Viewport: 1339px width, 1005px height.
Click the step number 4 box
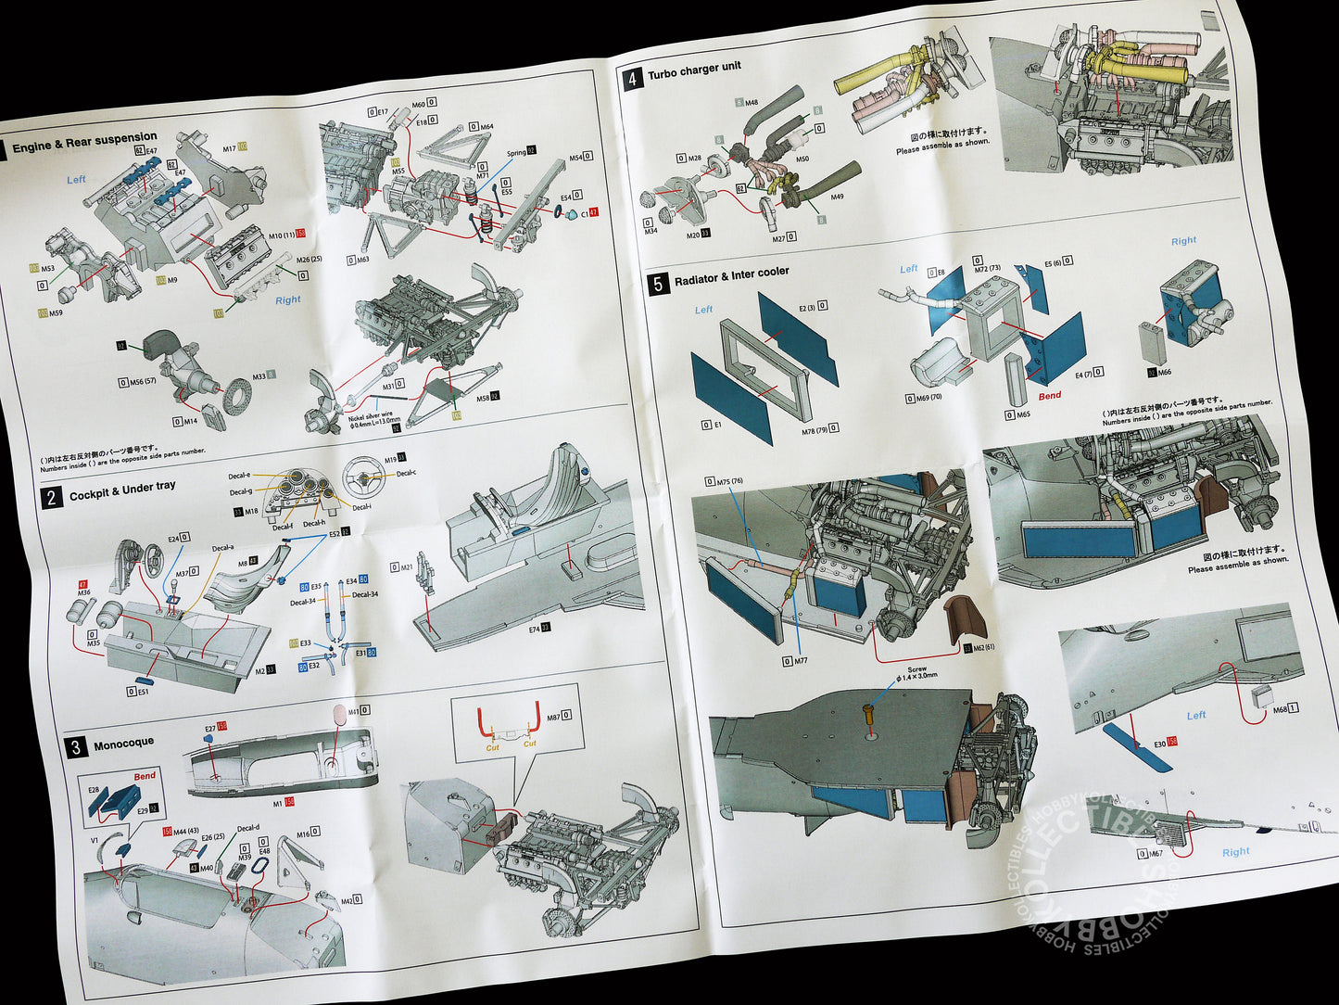click(632, 79)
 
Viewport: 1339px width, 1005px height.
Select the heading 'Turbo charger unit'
click(694, 71)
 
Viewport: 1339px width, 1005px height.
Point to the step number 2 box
click(52, 498)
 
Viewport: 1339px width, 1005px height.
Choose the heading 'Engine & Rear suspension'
click(84, 141)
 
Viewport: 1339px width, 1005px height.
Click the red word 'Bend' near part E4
click(1049, 396)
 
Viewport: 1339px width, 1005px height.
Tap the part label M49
click(837, 197)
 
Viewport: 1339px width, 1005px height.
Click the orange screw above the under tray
click(868, 714)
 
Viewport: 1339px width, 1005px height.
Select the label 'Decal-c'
click(406, 474)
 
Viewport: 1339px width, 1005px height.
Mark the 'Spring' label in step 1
click(515, 153)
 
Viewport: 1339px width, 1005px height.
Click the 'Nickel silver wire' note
click(374, 418)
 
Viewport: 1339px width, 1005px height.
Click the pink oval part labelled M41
click(339, 714)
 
